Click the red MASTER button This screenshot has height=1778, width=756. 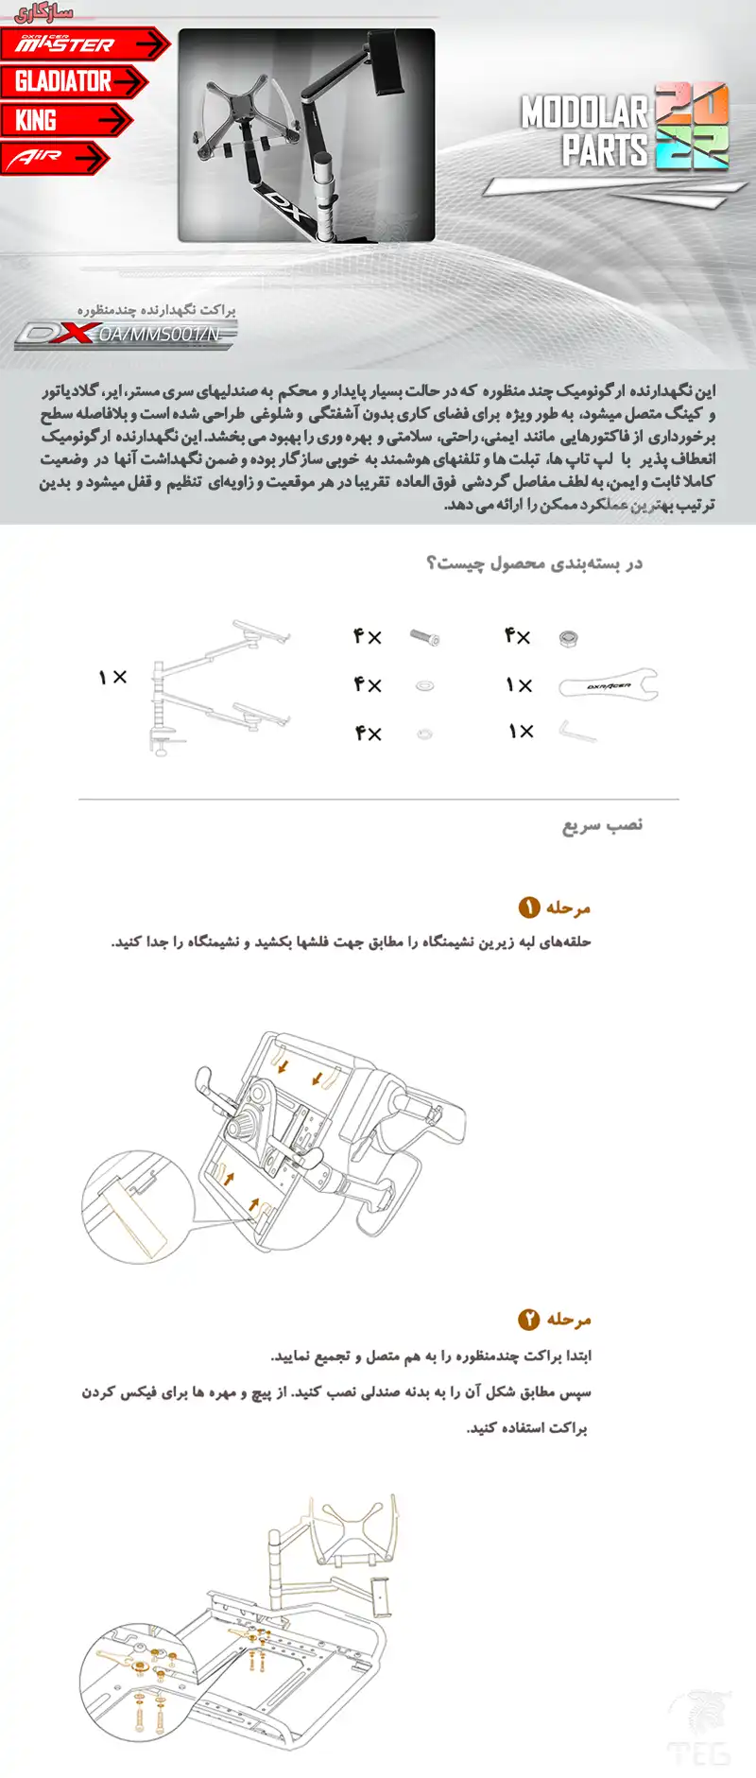coord(83,43)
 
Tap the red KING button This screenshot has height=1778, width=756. coord(64,121)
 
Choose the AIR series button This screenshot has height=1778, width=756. coord(53,158)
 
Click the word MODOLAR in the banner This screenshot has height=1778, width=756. coord(583,113)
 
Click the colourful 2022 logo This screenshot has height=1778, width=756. coord(692,127)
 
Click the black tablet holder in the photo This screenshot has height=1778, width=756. coord(387,60)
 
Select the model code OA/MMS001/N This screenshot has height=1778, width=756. coord(159,334)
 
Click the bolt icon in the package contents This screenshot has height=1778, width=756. coord(425,637)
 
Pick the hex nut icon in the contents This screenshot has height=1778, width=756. coord(568,638)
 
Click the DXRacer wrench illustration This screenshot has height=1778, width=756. coord(607,685)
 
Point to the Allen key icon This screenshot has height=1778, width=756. coord(576,733)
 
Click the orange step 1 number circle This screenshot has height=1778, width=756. coord(528,907)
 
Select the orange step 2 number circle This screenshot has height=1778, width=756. coord(528,1319)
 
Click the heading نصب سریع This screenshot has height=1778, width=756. coord(602,825)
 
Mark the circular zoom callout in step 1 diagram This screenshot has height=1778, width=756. coord(137,1206)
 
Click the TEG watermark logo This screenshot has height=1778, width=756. coord(699,1731)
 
